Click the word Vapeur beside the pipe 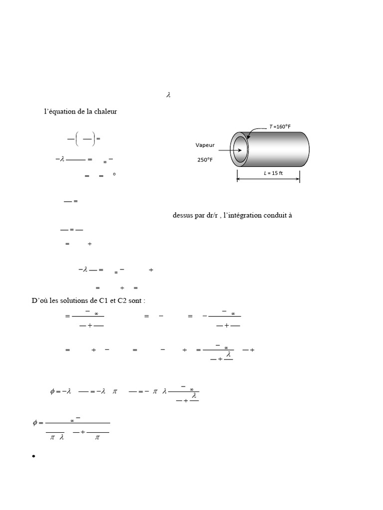click(205, 145)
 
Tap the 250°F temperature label click(205, 160)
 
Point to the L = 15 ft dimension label click(273, 173)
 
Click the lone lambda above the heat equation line click(169, 95)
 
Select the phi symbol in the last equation click(35, 422)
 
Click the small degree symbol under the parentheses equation click(114, 174)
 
